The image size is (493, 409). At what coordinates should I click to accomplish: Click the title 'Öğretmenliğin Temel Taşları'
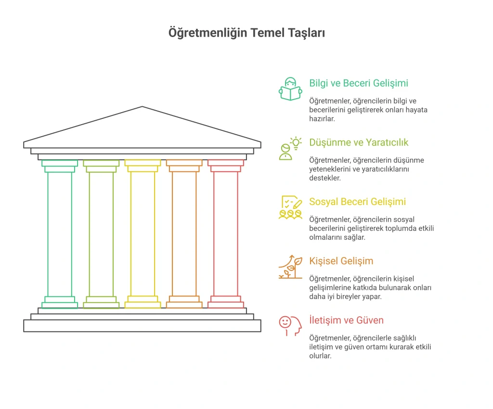coord(246,33)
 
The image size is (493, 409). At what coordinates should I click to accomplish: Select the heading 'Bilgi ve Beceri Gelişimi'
coord(358,83)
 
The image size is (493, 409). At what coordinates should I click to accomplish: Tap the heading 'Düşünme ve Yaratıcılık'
coord(358,142)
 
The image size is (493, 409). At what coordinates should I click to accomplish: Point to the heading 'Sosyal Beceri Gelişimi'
coord(358,202)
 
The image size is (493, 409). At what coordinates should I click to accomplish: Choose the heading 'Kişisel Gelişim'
coord(341,261)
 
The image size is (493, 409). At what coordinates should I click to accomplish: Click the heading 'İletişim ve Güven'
coord(346,320)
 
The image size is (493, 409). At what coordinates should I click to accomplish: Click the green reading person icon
coord(290,89)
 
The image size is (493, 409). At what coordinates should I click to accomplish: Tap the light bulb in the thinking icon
coord(296,143)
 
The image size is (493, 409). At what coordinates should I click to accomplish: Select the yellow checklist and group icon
coord(290,207)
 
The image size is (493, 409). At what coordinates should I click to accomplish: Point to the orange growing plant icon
coord(290,267)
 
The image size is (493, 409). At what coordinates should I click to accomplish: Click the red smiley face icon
coord(285,322)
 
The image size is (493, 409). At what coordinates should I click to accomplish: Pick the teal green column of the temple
coord(60,234)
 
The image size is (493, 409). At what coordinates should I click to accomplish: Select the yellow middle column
coord(143,234)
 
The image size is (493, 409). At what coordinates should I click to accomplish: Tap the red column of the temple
coord(226,234)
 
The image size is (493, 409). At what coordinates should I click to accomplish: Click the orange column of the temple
coord(184,234)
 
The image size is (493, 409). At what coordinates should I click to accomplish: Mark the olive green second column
coord(101,234)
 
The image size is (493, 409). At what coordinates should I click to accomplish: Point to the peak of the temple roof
coord(142,106)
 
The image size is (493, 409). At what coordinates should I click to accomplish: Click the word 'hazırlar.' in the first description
coord(322,119)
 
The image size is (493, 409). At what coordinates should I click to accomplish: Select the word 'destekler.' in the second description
coord(325,178)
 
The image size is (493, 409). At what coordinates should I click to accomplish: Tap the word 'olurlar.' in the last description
coord(320,356)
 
